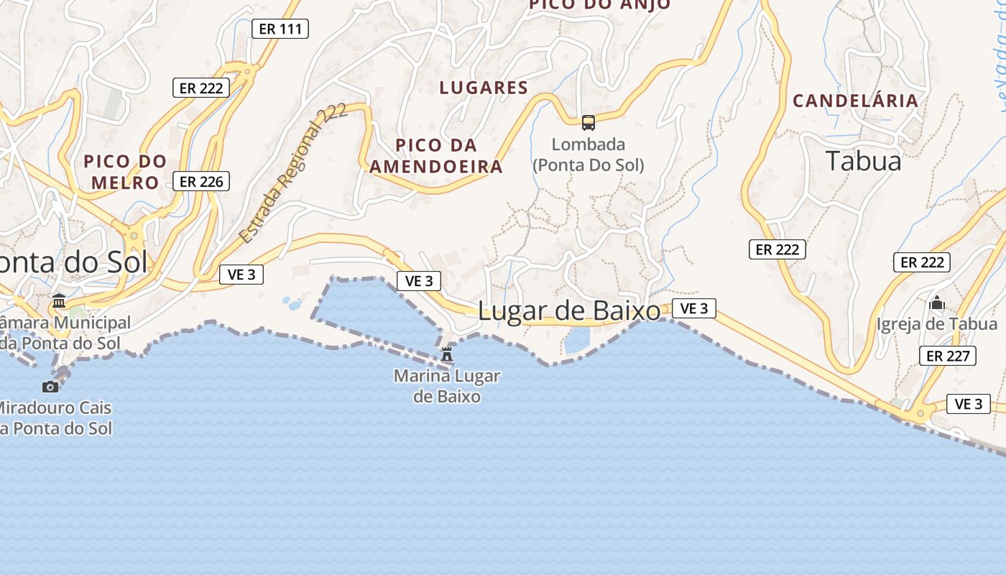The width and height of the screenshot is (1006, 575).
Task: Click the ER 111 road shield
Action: coord(280,29)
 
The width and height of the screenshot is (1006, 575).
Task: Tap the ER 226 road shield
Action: coord(201,181)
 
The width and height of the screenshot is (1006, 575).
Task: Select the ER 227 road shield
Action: coord(949,355)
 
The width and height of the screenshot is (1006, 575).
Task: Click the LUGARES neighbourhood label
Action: coord(494,88)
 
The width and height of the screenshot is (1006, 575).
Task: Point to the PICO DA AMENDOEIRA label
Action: coord(436,156)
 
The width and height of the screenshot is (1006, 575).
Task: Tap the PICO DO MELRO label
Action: coord(125,172)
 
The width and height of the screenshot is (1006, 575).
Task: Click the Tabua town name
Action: coord(863,161)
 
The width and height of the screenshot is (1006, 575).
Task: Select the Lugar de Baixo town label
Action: coord(569,311)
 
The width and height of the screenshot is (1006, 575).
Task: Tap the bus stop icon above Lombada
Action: coord(589,123)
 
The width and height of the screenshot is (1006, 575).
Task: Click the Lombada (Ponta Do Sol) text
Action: coord(589,155)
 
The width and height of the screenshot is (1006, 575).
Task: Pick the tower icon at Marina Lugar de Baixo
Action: coord(447,354)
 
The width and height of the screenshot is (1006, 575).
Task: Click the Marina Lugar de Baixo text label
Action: coord(447,386)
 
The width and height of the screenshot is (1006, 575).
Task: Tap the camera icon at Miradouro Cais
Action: coord(50,387)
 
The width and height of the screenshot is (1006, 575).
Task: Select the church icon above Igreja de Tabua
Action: coord(936,303)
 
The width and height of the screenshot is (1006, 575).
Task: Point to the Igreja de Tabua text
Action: coord(936,324)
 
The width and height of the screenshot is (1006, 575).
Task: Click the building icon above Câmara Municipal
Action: coord(59,300)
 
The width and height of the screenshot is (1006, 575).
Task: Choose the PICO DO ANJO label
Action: coord(599,4)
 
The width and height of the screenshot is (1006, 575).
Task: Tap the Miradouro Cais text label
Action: coord(54,418)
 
